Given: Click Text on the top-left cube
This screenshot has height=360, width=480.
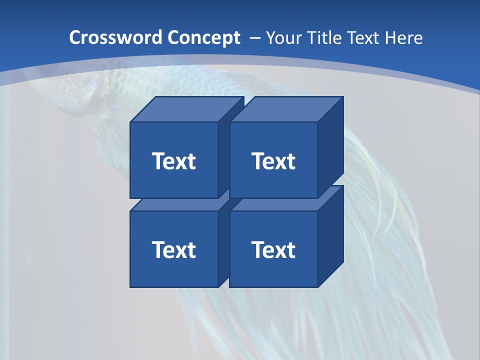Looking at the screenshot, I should click(173, 161).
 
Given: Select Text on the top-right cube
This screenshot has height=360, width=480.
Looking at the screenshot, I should click(273, 161).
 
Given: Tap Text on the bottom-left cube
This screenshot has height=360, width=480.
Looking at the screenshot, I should click(173, 249).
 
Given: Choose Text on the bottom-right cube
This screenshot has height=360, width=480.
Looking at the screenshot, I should click(273, 249).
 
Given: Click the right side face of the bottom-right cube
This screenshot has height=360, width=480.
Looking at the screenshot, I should click(330, 235).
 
